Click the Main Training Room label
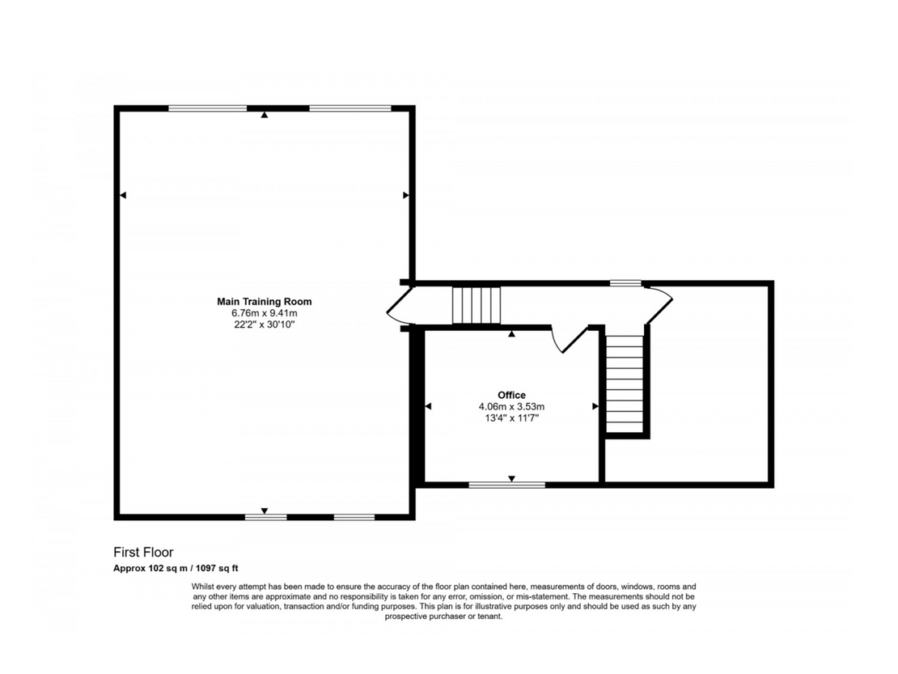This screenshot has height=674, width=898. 264,302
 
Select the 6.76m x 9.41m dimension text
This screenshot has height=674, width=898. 264,313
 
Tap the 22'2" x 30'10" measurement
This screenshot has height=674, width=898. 264,324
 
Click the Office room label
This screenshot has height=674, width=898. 511,395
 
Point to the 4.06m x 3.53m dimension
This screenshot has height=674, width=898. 511,406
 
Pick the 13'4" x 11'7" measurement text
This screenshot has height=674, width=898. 511,418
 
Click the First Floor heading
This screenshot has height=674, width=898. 143,553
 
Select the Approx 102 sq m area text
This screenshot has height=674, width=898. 151,569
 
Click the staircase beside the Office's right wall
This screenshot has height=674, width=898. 625,384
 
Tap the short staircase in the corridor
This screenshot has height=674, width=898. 477,305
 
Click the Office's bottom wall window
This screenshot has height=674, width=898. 506,485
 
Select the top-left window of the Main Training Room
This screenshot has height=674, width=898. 208,108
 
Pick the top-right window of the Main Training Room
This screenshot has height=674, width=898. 350,108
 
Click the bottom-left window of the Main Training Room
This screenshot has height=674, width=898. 265,517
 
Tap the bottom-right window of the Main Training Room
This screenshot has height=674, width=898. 354,517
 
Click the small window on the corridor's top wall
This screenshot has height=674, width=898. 625,283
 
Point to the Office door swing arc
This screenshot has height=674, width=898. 555,342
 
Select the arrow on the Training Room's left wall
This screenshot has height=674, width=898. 122,195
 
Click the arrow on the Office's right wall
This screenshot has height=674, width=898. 595,406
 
